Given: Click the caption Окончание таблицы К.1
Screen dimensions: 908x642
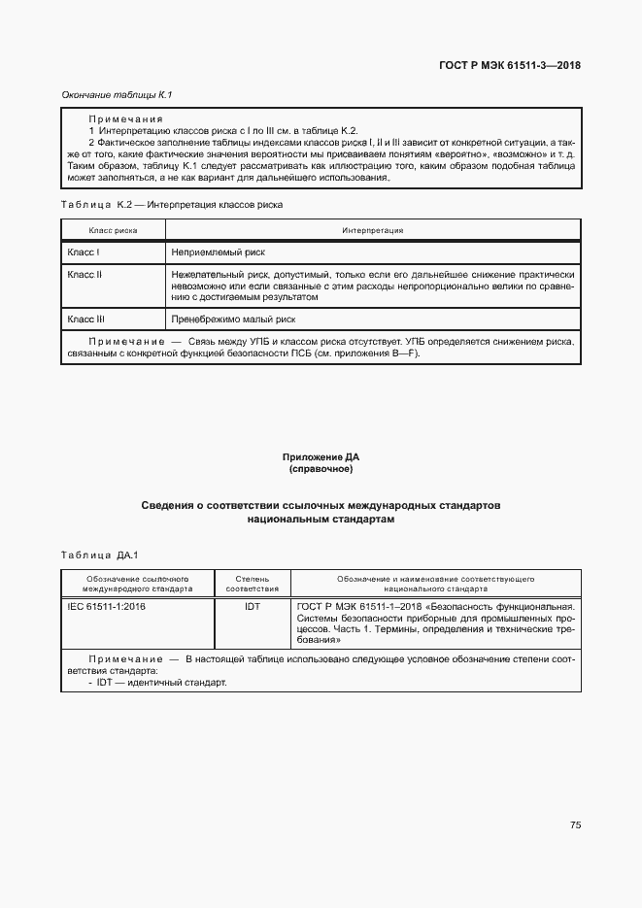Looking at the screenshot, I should click(x=103, y=94).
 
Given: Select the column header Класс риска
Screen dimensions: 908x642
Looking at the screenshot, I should click(x=113, y=230).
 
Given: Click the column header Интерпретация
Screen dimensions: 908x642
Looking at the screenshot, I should click(x=372, y=230).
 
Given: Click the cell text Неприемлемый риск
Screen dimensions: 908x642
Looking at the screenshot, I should click(x=218, y=252).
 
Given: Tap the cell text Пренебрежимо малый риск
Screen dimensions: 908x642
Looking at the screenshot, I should click(x=233, y=319).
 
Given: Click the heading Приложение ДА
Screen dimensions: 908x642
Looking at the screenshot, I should click(x=321, y=456).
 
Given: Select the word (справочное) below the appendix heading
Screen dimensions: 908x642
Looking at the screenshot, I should click(x=321, y=469).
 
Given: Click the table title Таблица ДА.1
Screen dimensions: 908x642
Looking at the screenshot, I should click(x=101, y=555).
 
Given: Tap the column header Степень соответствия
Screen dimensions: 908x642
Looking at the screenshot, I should click(x=253, y=583).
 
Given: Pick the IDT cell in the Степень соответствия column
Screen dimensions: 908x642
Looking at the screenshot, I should click(x=253, y=606).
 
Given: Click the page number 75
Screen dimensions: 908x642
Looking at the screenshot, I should click(x=575, y=824).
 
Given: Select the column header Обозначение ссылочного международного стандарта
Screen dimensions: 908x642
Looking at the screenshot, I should click(x=136, y=583).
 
